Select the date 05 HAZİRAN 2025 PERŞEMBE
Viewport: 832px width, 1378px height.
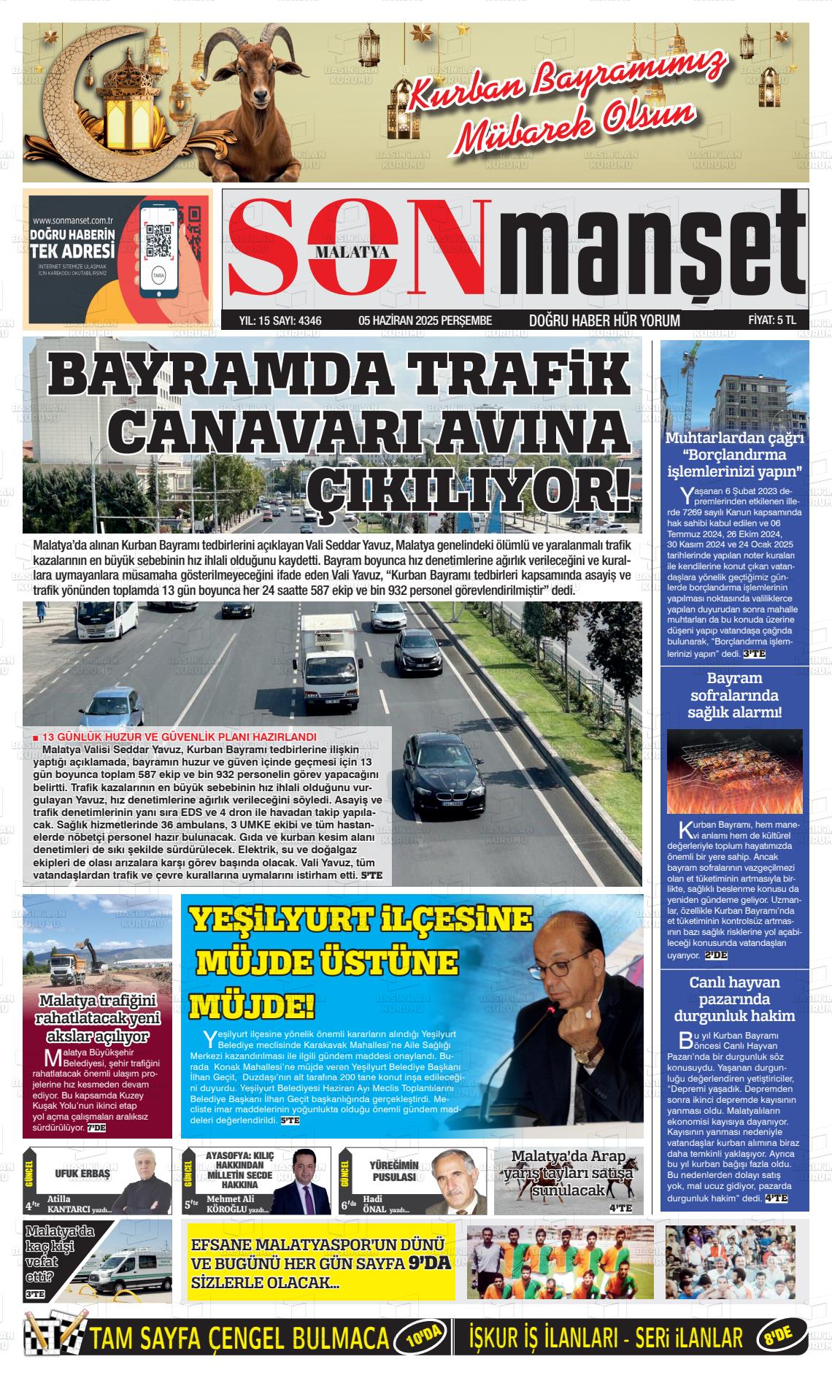click(x=425, y=320)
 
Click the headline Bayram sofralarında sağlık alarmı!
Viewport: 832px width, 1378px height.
click(x=734, y=695)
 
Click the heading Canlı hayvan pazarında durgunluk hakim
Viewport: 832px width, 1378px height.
click(x=734, y=999)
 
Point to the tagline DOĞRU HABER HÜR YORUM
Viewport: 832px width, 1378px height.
click(x=604, y=320)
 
